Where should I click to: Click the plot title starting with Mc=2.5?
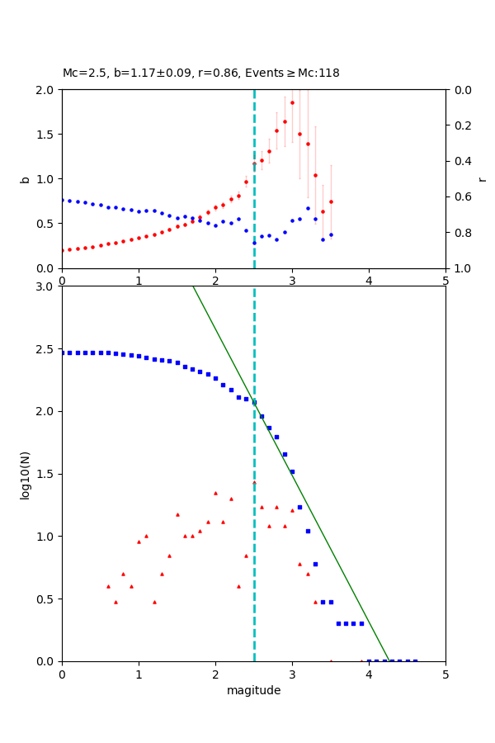pos(200,73)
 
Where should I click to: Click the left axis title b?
pos(25,179)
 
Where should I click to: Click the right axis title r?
pos(482,179)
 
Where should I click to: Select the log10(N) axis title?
pos(25,474)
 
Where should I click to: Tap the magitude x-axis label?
pos(253,691)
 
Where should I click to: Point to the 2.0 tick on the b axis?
pos(47,90)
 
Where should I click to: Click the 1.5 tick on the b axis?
pos(47,135)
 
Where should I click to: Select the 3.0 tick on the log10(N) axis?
pos(47,286)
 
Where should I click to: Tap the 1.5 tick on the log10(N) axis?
pos(47,474)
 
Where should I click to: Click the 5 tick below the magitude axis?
pos(445,674)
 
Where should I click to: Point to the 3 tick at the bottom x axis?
pos(292,674)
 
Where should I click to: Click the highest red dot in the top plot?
pos(292,102)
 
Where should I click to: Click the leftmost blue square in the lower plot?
pos(62,353)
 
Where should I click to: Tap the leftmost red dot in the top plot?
pos(62,250)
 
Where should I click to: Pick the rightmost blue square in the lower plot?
pos(415,660)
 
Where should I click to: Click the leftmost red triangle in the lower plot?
pos(108,586)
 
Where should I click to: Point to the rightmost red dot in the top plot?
pos(331,201)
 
